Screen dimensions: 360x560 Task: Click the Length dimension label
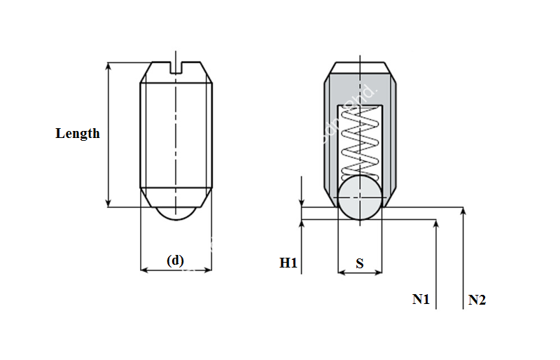(x=78, y=133)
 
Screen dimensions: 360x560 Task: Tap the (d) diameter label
(x=175, y=260)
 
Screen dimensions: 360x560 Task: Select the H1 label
(x=288, y=263)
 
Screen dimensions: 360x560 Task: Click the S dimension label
(x=360, y=263)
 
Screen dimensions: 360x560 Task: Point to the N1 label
(x=421, y=299)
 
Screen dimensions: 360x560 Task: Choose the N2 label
(x=477, y=300)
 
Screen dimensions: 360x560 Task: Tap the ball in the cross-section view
(x=360, y=198)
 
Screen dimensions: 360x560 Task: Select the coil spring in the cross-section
(x=360, y=140)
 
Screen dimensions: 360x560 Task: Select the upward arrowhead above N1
(x=436, y=223)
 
